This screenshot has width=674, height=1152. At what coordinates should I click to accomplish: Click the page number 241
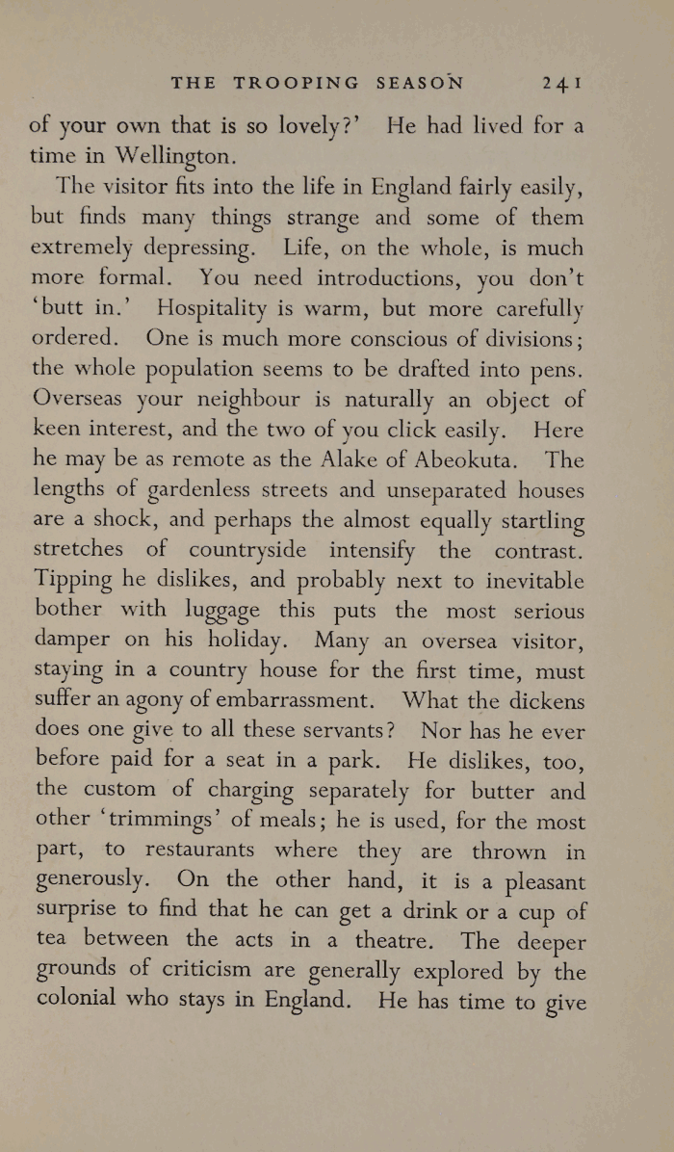(559, 84)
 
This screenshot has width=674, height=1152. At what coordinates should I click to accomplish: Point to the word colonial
(82, 1000)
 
